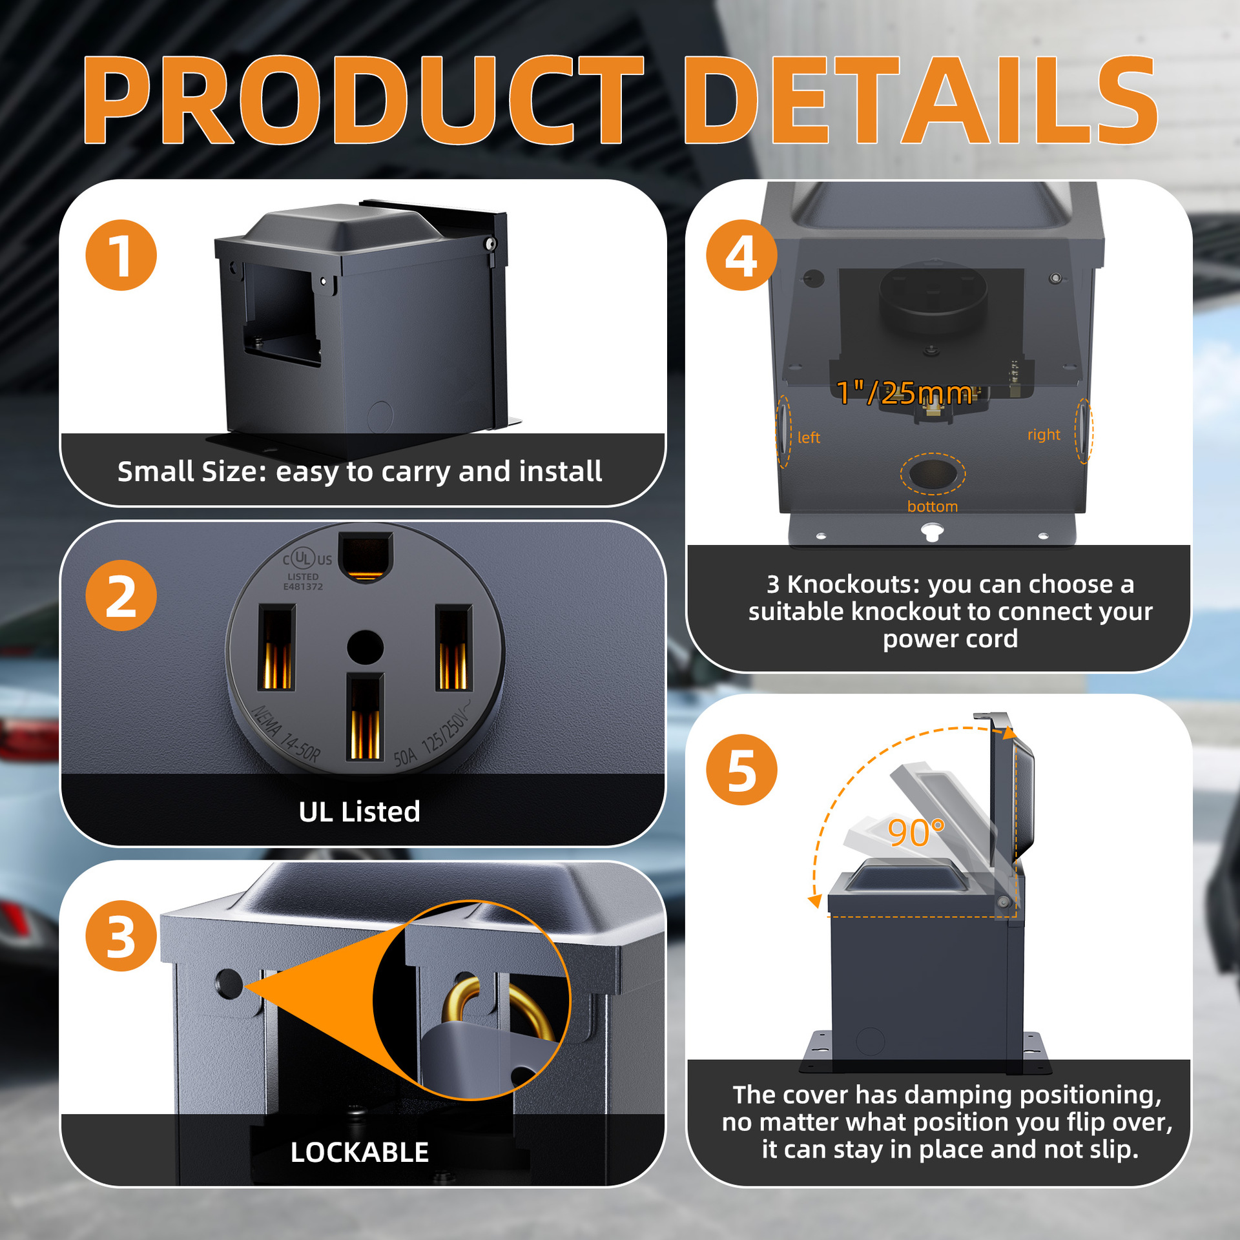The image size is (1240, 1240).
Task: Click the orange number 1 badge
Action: pos(121,255)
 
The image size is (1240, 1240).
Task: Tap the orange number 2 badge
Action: pos(121,595)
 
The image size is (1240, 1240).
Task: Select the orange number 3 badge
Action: pos(121,936)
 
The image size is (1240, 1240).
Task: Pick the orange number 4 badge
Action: pos(741,255)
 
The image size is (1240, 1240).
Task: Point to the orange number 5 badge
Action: pos(741,770)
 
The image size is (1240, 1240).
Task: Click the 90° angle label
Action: pos(916,832)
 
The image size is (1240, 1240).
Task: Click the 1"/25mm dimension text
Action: pos(904,393)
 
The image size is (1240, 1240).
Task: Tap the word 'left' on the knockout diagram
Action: pos(809,438)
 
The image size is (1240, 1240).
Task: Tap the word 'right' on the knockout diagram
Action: pos(1044,435)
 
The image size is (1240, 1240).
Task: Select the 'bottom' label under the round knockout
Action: pos(933,506)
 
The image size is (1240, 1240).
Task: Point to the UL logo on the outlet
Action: pos(302,558)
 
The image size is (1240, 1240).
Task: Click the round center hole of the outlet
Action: pos(366,647)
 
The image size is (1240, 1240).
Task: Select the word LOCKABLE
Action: pos(360,1152)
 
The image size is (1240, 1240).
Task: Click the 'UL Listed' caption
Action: pos(360,812)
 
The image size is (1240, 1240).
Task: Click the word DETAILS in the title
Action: pos(920,101)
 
